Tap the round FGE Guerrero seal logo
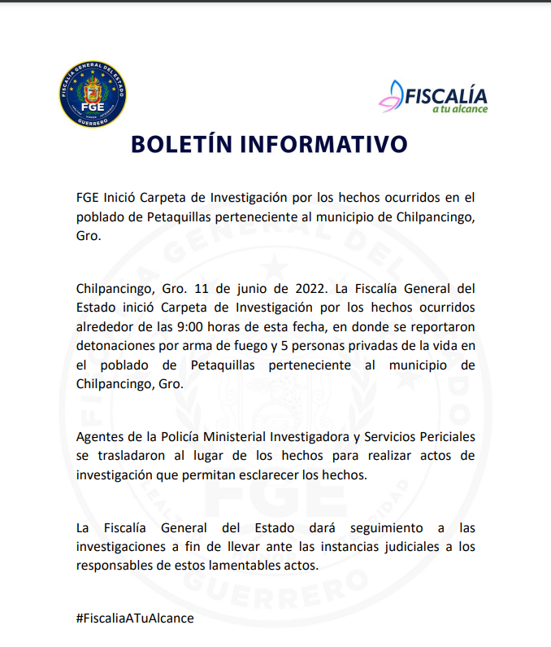(x=93, y=94)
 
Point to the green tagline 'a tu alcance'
(x=459, y=109)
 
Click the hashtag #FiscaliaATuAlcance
(x=135, y=618)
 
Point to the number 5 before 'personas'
(x=293, y=346)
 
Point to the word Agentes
(x=98, y=436)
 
